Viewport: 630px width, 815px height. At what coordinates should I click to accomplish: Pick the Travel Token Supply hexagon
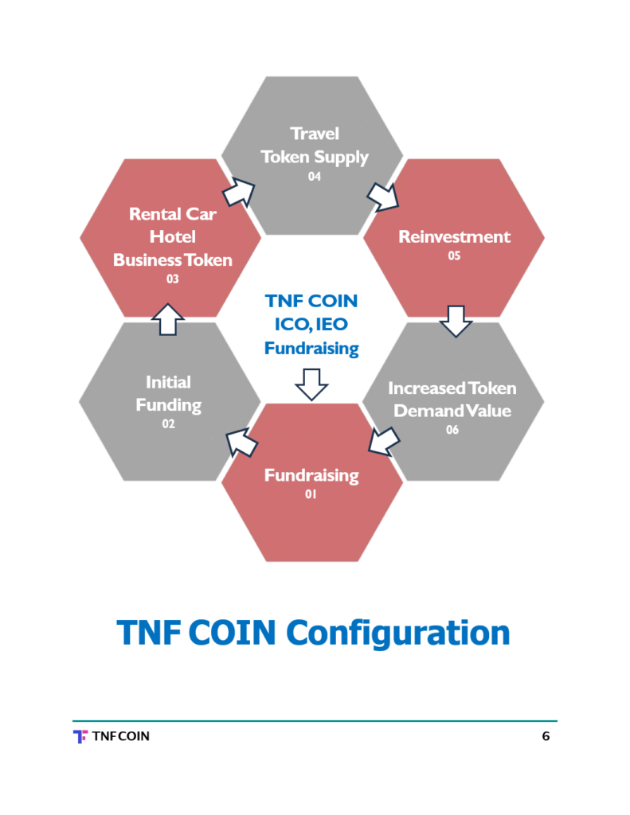(312, 154)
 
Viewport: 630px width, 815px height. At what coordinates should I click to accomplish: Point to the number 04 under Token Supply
(314, 177)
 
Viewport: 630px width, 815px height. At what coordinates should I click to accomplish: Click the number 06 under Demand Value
(452, 431)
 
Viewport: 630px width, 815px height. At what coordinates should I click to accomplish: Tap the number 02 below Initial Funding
(168, 424)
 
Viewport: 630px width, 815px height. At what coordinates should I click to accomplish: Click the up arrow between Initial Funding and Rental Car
(167, 319)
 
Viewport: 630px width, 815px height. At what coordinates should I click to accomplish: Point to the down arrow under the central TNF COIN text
(311, 384)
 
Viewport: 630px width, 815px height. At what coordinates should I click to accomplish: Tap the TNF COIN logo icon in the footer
(80, 736)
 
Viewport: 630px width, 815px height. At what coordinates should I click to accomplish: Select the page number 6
(546, 736)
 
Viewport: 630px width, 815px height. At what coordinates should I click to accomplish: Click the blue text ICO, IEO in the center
(311, 325)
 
